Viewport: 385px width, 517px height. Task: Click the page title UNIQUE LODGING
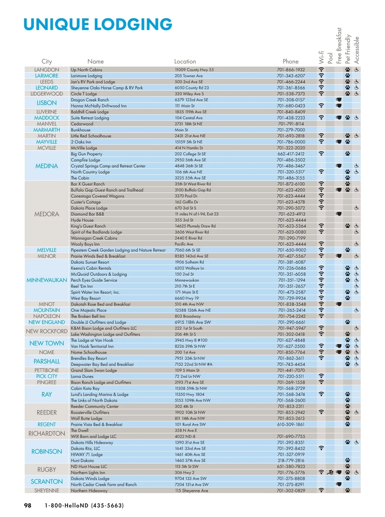(98, 24)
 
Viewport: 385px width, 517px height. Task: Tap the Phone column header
(290, 61)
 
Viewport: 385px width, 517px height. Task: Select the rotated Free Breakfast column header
(339, 46)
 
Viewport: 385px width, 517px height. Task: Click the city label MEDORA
(47, 214)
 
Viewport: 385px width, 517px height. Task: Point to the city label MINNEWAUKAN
(47, 280)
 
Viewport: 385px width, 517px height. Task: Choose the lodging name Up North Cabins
(87, 70)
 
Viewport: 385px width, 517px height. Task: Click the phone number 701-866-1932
(291, 70)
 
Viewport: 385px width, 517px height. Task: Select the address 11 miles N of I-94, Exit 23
(196, 214)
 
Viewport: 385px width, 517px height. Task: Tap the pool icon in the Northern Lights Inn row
(330, 472)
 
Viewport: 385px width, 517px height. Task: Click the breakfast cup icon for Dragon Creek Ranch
(338, 100)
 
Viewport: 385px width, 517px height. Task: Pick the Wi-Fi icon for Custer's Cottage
(321, 202)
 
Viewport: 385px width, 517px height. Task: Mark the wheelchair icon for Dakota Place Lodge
(356, 208)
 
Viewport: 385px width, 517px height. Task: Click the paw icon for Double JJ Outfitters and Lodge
(348, 322)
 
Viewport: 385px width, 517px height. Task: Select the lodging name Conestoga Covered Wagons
(98, 196)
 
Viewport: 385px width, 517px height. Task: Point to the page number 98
(28, 505)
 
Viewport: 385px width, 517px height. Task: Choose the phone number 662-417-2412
(291, 154)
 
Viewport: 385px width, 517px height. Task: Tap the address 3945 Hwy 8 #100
(191, 340)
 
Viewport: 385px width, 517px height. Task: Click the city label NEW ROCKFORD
(47, 331)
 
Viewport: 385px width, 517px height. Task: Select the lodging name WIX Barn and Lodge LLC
(94, 436)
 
